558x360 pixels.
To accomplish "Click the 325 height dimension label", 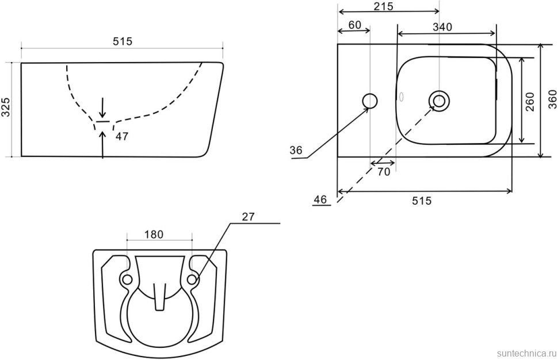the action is coord(6,107).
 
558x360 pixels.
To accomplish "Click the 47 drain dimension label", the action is coord(122,136).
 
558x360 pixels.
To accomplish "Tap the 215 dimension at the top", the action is coord(384,6).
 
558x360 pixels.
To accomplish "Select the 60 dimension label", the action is coord(354,25).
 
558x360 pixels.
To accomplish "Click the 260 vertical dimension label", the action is coord(530,101).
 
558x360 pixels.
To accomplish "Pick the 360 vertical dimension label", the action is coord(552,99).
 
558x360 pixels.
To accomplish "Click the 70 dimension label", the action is coord(383,172).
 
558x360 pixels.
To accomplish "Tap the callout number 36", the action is coord(296,150).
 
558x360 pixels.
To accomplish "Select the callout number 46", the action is coord(320,199).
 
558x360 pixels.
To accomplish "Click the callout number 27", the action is coord(248,217).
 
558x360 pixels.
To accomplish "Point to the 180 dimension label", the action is coord(154,235).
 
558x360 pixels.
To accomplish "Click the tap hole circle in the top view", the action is coord(370,101).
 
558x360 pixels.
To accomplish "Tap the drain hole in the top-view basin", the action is coord(439,100).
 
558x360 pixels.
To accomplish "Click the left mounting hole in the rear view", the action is coord(127,279).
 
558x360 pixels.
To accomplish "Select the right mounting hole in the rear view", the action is coord(192,279).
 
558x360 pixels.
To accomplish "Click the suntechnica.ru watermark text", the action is coord(526,353).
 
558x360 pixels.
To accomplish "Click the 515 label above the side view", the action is coord(123,41).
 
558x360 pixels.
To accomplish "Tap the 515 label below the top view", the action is coord(421,201).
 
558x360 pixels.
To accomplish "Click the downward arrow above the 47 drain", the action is coord(102,108).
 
